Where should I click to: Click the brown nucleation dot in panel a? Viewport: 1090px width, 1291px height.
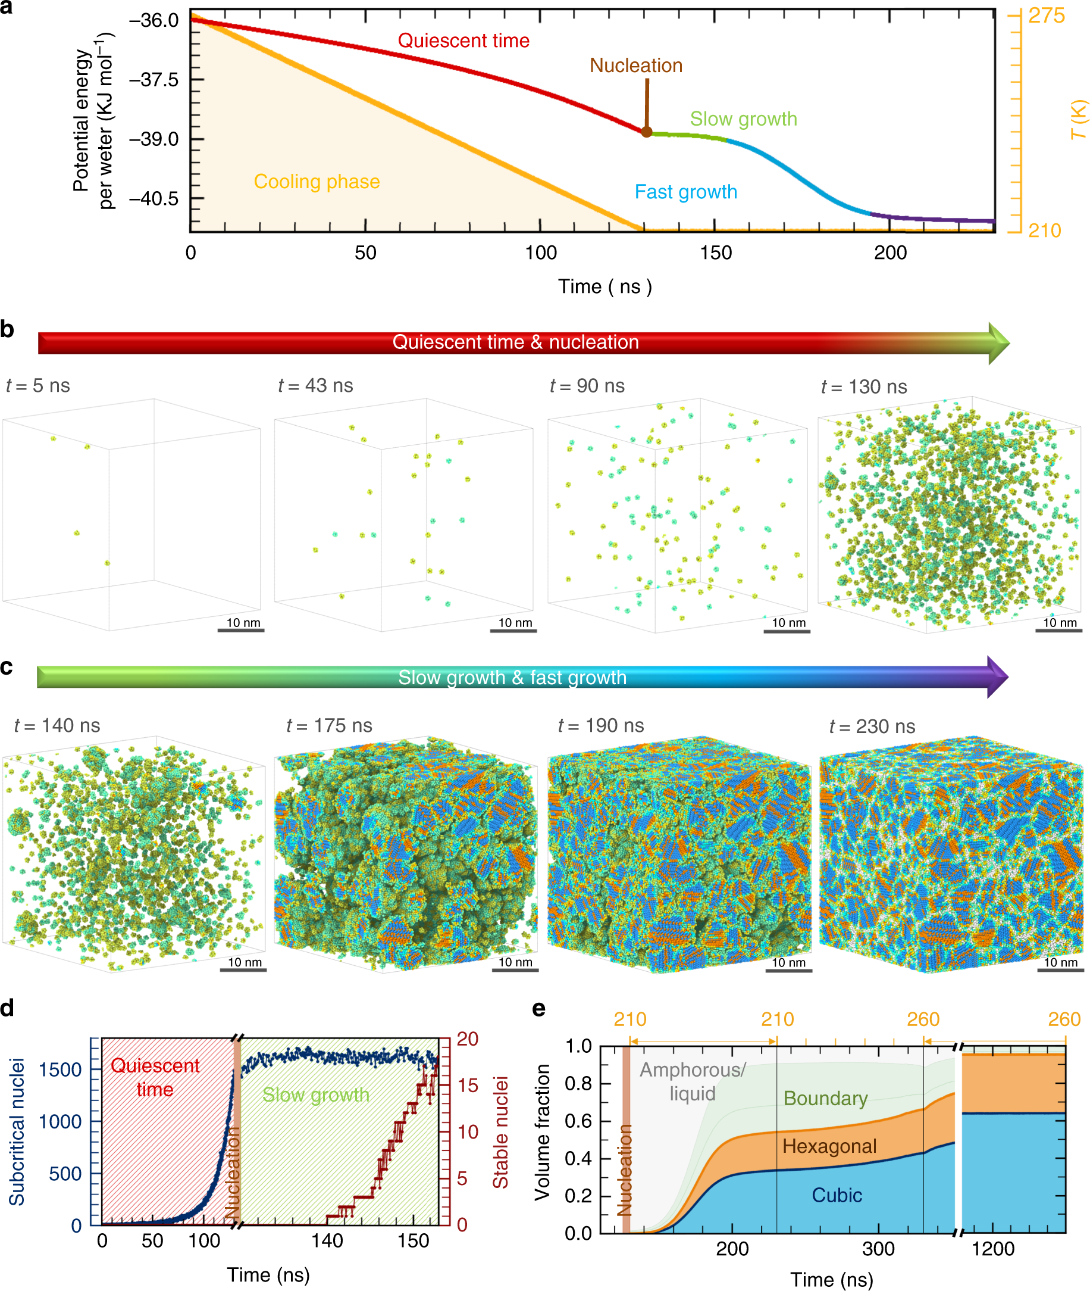click(x=646, y=132)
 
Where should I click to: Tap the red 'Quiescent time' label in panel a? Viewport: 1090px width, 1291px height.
click(x=463, y=41)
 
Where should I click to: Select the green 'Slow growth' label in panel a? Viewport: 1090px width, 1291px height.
click(x=743, y=119)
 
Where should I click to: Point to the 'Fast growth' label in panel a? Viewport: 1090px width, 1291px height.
click(x=686, y=192)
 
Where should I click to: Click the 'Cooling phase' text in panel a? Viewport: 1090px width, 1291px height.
click(x=317, y=182)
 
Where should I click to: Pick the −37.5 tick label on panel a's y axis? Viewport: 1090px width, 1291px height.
click(x=154, y=80)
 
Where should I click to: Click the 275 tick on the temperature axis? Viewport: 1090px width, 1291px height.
click(x=1047, y=15)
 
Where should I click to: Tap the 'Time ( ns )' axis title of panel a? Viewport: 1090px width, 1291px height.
click(x=605, y=287)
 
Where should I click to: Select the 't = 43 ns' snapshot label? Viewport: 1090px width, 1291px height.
click(x=316, y=386)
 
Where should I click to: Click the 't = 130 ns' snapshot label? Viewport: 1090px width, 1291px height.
click(x=864, y=387)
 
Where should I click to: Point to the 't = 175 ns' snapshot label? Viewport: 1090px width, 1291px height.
click(x=330, y=725)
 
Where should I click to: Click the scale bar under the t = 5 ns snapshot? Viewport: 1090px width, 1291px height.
click(x=241, y=630)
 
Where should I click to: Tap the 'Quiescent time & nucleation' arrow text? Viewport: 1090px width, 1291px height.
click(x=515, y=342)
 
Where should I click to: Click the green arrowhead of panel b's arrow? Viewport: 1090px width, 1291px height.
click(x=998, y=343)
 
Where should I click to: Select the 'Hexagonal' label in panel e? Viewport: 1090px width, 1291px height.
click(x=829, y=1146)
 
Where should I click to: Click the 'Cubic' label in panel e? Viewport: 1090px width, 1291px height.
click(x=837, y=1195)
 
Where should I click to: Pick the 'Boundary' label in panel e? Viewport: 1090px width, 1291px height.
click(x=826, y=1098)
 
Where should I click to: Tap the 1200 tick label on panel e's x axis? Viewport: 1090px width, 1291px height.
click(x=993, y=1248)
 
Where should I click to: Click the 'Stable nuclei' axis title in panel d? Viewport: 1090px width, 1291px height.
click(x=500, y=1132)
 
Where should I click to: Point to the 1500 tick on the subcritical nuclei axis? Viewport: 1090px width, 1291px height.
click(x=60, y=1069)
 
